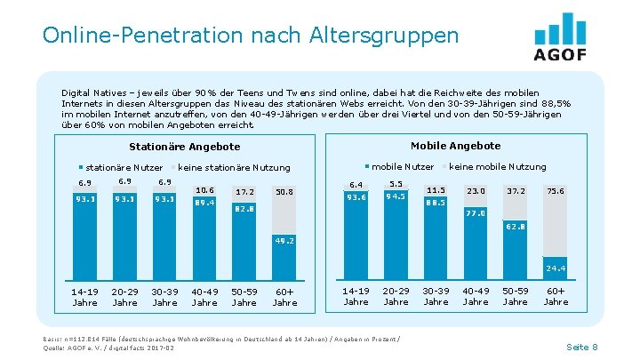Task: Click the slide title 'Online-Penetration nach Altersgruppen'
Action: pyautogui.click(x=250, y=36)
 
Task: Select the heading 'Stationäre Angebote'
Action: pyautogui.click(x=185, y=147)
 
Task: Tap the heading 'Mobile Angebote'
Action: pyautogui.click(x=455, y=146)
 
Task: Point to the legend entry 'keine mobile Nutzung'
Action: pyautogui.click(x=497, y=166)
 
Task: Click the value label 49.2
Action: pyautogui.click(x=284, y=240)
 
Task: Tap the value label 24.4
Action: pyautogui.click(x=556, y=268)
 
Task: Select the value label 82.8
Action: pyautogui.click(x=244, y=209)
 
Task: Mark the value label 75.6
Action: pyautogui.click(x=556, y=190)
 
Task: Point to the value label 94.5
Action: pyautogui.click(x=396, y=196)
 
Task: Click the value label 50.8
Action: pyautogui.click(x=284, y=191)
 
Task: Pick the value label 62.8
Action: pyautogui.click(x=516, y=227)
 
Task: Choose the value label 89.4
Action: pyautogui.click(x=204, y=202)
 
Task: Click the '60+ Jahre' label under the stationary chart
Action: pyautogui.click(x=284, y=296)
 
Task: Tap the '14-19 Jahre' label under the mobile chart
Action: pyautogui.click(x=356, y=296)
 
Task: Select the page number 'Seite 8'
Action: pyautogui.click(x=582, y=346)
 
